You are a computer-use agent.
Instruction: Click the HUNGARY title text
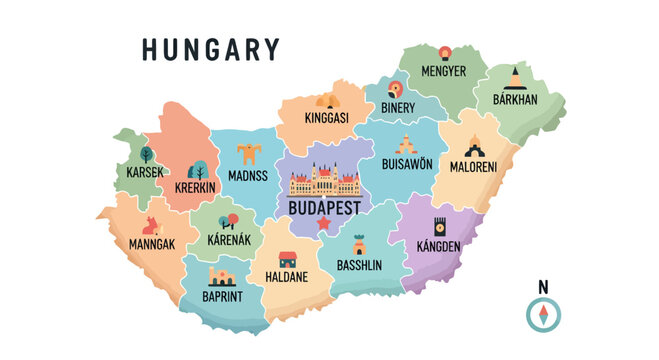click(210, 50)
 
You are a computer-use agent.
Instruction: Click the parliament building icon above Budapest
click(323, 183)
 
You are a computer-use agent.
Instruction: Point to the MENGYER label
click(443, 71)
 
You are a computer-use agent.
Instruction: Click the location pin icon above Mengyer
click(444, 52)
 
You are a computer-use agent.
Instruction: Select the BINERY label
click(398, 106)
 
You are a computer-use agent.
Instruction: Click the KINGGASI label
click(326, 118)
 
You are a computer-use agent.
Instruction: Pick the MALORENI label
click(474, 166)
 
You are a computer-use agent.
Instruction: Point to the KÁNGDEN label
click(438, 246)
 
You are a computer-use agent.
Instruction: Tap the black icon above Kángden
click(439, 225)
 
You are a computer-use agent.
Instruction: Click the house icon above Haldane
click(287, 259)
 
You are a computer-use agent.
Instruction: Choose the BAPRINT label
click(223, 297)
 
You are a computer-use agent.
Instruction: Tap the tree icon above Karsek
click(146, 154)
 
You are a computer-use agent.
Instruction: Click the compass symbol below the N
click(543, 315)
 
